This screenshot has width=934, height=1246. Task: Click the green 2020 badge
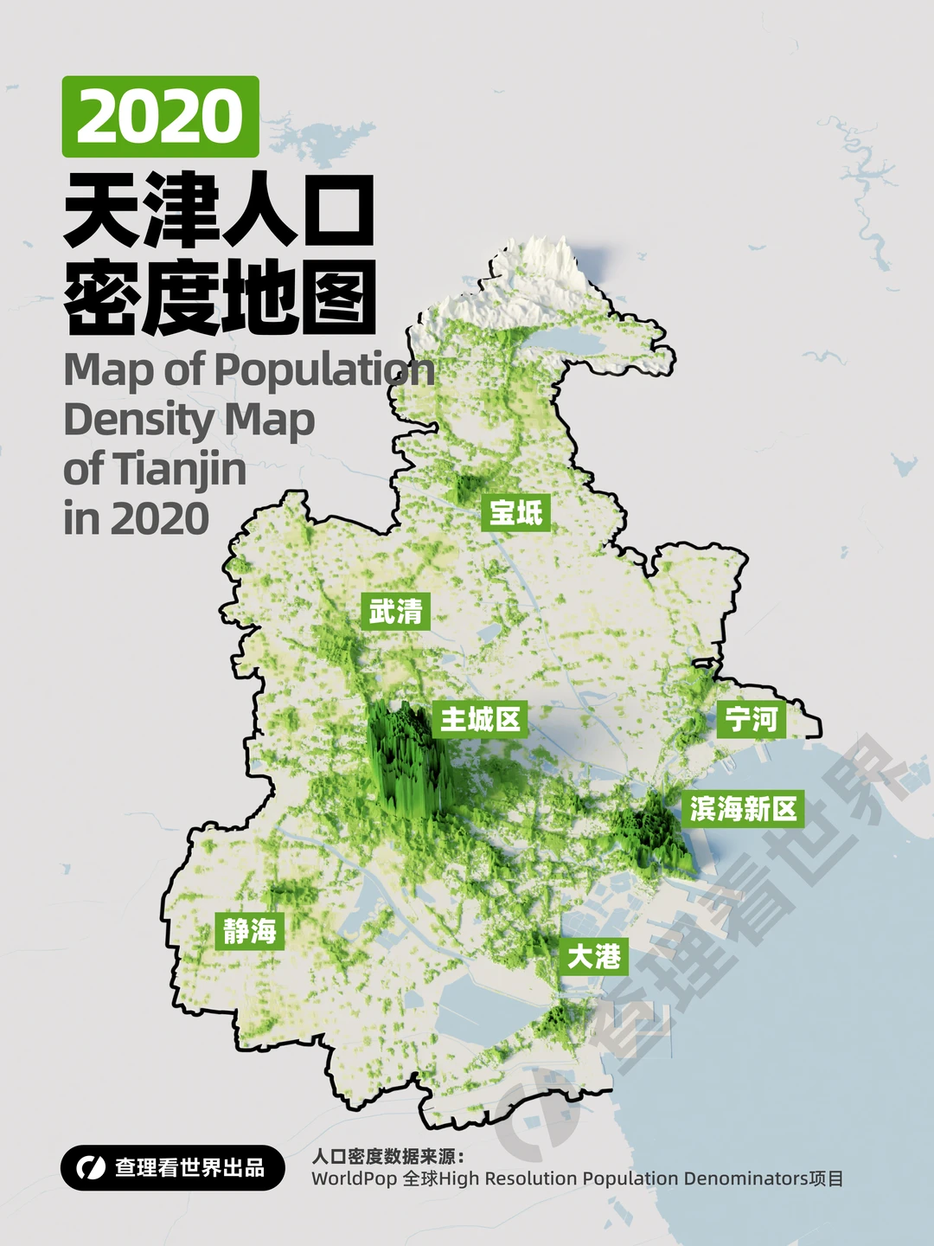click(x=160, y=117)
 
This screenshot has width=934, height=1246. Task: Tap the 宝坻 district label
click(x=515, y=513)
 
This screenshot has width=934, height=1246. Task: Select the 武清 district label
click(x=395, y=612)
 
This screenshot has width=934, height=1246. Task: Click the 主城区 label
click(x=480, y=719)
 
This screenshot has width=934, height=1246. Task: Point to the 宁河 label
click(x=751, y=719)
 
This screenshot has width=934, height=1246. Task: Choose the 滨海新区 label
click(x=743, y=809)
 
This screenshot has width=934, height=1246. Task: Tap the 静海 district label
click(x=249, y=931)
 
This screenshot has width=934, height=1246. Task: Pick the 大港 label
click(x=593, y=956)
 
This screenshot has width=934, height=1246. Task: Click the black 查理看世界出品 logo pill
click(x=173, y=1168)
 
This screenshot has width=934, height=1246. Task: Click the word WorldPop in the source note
click(x=355, y=1179)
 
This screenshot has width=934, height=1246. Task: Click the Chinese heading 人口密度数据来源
click(x=387, y=1157)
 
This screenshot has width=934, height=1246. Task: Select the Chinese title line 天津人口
click(x=219, y=210)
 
